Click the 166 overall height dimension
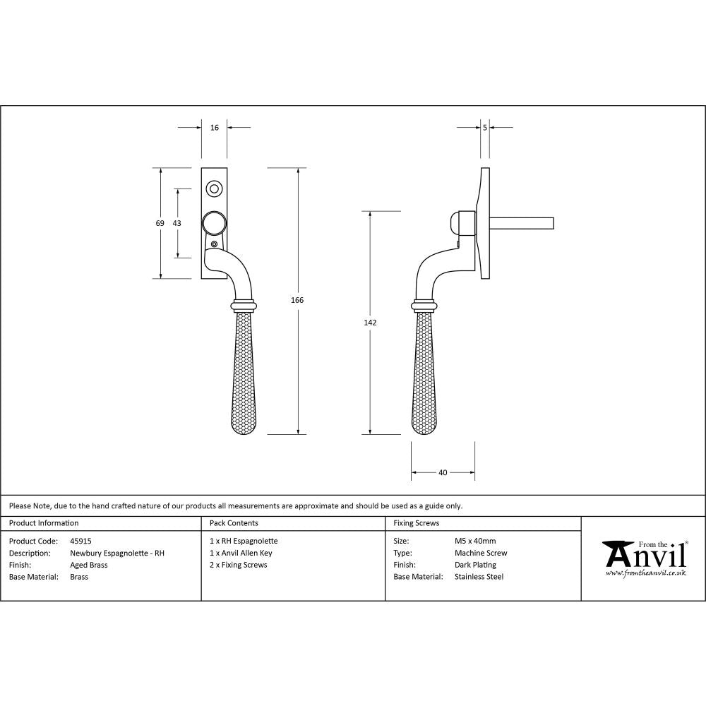297,300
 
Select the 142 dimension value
371,323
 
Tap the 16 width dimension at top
215,128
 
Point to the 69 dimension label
160,223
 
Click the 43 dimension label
176,223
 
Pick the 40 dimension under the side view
443,473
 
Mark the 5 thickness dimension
485,128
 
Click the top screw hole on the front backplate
214,189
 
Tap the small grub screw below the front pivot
215,244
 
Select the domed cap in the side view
457,223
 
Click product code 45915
81,542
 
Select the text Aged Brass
89,565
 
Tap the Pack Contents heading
234,523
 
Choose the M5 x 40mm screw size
475,542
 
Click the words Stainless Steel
479,577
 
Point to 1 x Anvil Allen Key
241,554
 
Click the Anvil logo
644,557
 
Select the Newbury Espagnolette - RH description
117,554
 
